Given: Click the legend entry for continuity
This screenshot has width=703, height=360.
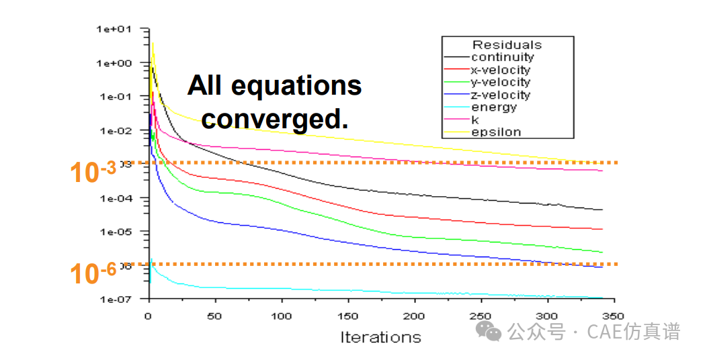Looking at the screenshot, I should point(502,58).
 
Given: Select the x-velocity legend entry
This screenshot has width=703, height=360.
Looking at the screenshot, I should point(500,70).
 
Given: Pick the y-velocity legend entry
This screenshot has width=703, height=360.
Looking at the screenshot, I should point(500,83).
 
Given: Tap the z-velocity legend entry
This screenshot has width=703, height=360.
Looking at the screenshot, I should point(500,95).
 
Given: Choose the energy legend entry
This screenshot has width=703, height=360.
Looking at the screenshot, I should point(493,107).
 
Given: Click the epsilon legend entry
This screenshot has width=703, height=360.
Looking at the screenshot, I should point(496,132).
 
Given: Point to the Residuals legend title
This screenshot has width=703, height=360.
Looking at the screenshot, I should point(507,45).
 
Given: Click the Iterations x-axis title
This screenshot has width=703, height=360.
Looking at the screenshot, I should point(380,337).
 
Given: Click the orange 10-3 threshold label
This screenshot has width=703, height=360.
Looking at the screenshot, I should point(93,172).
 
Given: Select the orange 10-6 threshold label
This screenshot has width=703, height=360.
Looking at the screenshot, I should point(93,273).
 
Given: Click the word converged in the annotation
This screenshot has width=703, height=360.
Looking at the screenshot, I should point(275,120).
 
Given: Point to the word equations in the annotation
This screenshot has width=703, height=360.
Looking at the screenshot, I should point(296,86).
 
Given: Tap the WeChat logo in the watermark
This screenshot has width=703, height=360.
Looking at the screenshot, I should point(489,330).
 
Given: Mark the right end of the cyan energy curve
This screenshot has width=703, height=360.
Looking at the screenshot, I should point(602,298).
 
